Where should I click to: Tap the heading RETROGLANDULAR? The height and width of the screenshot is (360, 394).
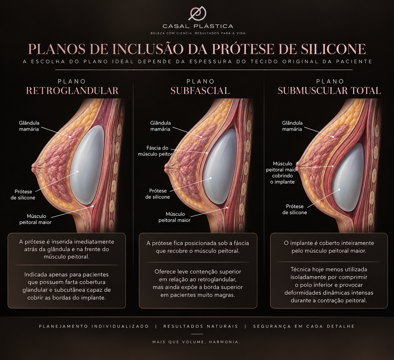coord(72,91)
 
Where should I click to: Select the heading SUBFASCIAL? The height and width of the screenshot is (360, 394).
coord(200,91)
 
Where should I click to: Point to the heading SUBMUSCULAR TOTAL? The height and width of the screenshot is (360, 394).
coord(329,91)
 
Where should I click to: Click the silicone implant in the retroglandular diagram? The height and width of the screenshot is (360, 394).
coord(87,165)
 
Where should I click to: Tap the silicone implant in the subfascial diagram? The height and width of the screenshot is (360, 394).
coord(220,169)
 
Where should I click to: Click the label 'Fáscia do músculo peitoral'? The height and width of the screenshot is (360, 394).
coord(157,151)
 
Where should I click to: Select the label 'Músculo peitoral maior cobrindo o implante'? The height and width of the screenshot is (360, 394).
coord(282,173)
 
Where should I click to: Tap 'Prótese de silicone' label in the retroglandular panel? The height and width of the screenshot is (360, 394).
coord(23,195)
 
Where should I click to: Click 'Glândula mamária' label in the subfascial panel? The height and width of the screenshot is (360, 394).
coord(160,126)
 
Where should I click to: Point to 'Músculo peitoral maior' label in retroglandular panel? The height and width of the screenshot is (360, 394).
coord(35,219)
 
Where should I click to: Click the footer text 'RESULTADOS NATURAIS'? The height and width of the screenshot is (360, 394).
coord(200,326)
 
